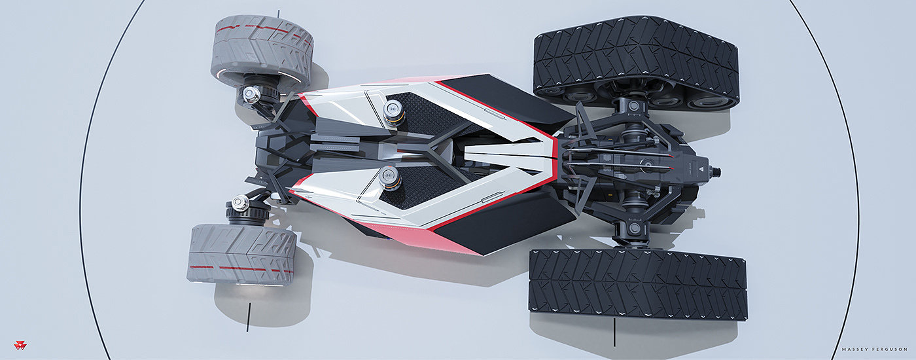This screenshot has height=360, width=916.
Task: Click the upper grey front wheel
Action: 262,52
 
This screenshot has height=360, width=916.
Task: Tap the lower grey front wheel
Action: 242,254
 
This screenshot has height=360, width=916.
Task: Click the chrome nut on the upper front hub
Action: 251,94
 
